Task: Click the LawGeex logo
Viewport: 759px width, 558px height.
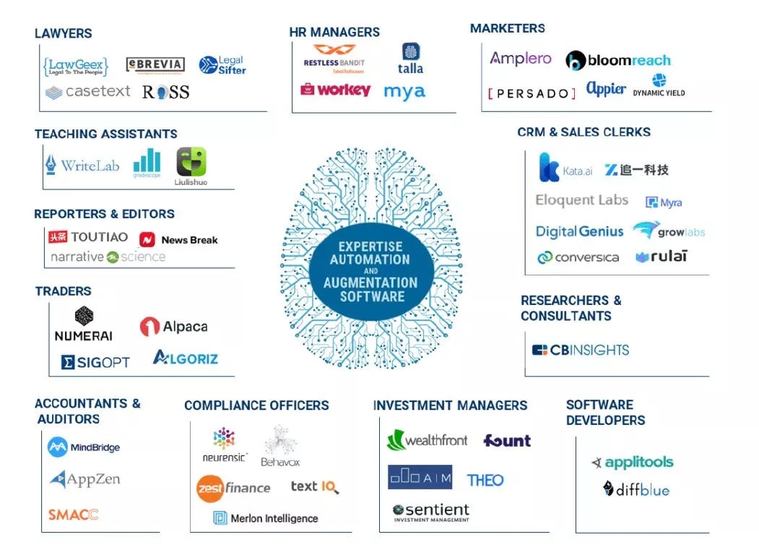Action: [x=75, y=66]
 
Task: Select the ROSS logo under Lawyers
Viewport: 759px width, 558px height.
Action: [x=165, y=92]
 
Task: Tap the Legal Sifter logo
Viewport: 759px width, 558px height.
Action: [x=222, y=66]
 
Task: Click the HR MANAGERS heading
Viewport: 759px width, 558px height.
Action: [x=334, y=33]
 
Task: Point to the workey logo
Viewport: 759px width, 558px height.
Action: [x=335, y=90]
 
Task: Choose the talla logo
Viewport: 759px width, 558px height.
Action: [x=410, y=59]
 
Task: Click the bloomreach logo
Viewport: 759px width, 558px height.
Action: [x=618, y=61]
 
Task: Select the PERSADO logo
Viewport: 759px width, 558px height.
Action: [x=532, y=93]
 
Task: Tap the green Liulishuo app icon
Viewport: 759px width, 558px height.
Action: [x=191, y=162]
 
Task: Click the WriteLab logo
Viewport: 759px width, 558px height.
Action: [x=82, y=165]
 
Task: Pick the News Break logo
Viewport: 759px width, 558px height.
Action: [x=178, y=239]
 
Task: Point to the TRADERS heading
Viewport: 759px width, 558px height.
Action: [x=63, y=291]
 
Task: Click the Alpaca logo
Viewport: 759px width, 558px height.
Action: [x=173, y=327]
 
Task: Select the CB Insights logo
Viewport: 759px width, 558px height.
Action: [x=581, y=350]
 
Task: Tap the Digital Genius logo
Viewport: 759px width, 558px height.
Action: [x=579, y=231]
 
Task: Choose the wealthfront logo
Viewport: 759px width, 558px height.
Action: [x=427, y=440]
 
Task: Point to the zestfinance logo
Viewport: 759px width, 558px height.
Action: [x=233, y=488]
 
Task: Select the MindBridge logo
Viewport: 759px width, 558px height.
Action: [x=84, y=447]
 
